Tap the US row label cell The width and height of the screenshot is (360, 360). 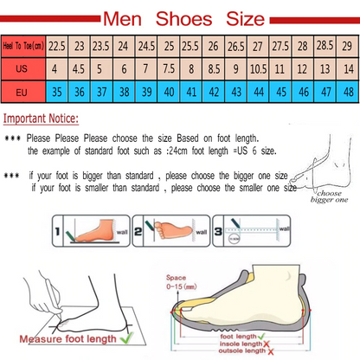click(x=23, y=66)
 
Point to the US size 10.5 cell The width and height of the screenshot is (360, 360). click(x=257, y=66)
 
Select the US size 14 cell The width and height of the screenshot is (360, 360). click(x=345, y=66)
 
